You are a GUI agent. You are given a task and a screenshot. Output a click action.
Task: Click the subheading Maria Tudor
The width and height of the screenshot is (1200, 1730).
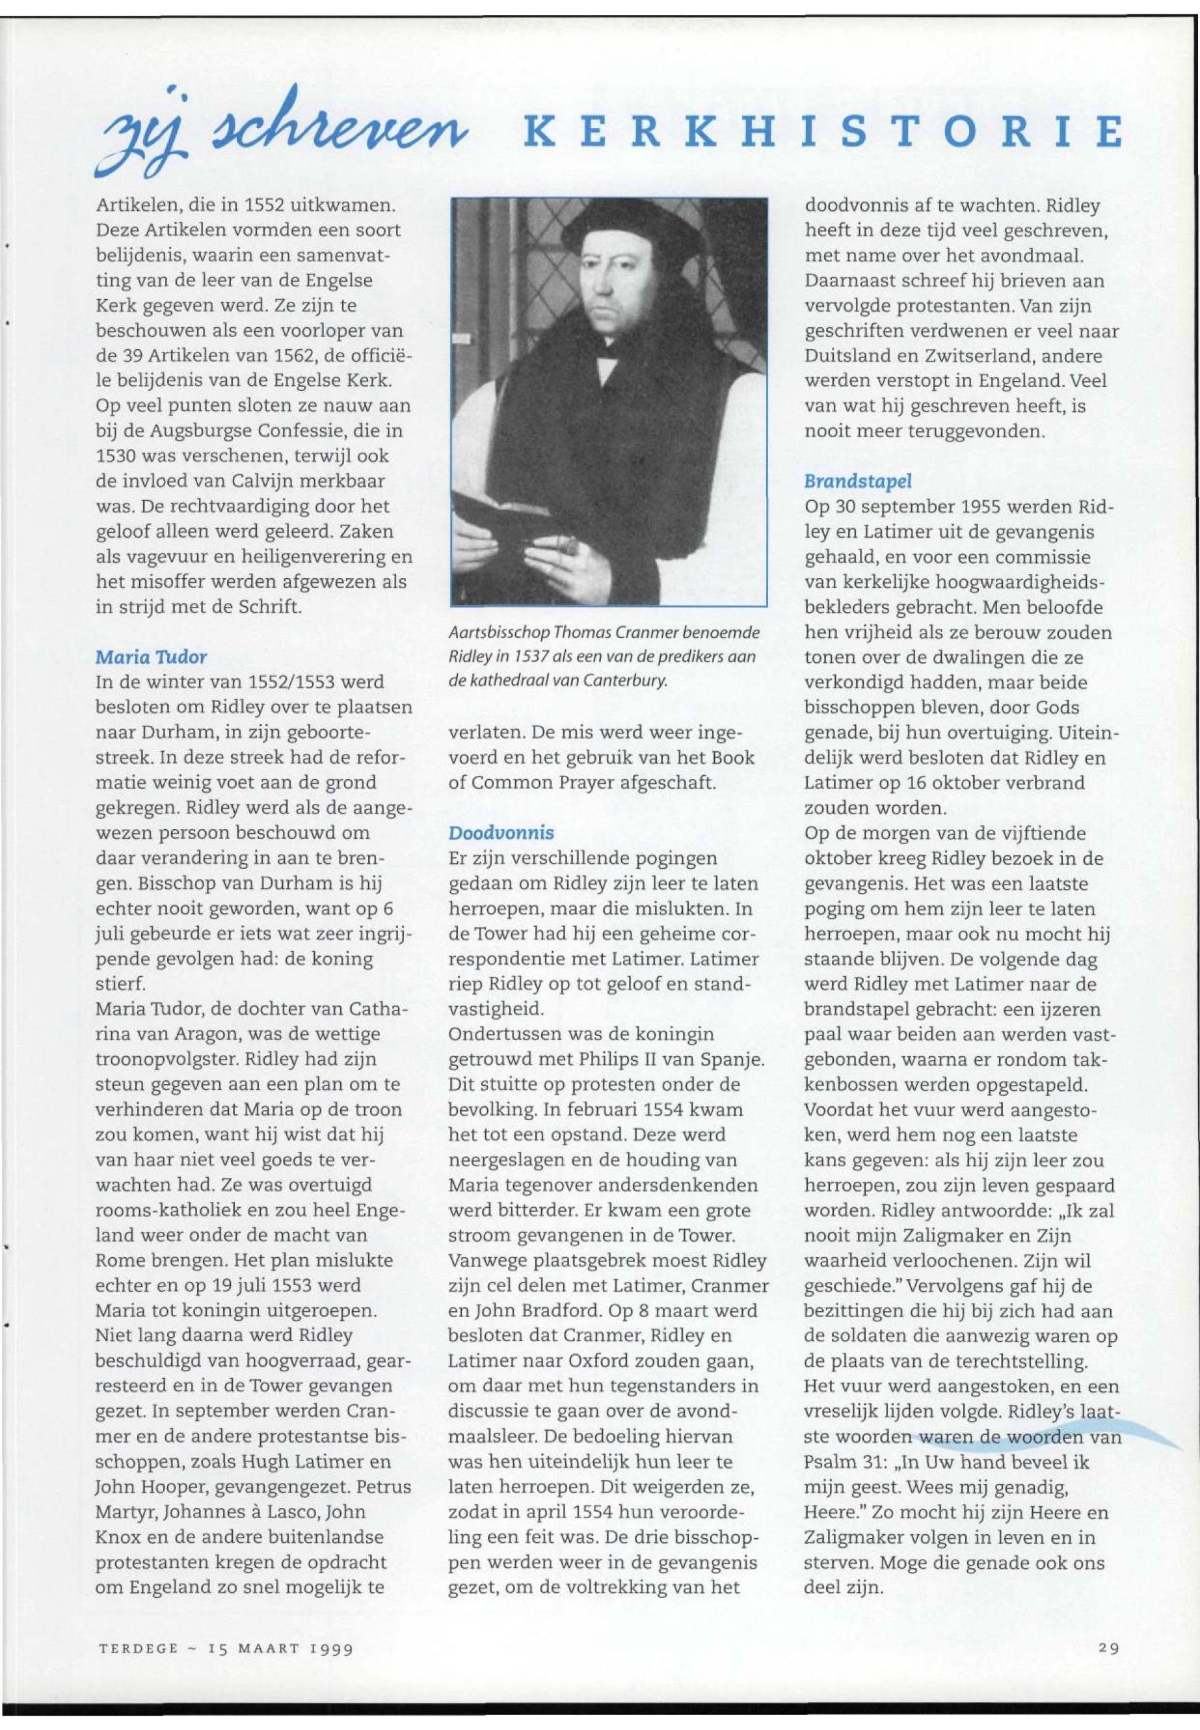[150, 657]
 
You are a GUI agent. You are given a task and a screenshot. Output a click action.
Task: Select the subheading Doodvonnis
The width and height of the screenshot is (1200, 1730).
[501, 833]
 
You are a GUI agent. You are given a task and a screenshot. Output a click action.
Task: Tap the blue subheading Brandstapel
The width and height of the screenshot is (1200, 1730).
[857, 481]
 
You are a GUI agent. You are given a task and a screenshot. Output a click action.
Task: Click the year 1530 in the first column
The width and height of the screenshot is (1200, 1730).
[115, 457]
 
